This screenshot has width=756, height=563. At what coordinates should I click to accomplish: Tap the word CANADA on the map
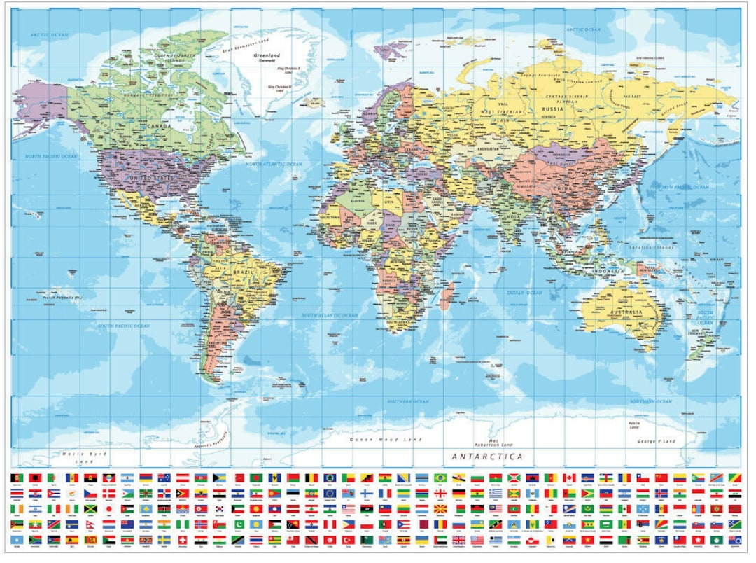click(160, 126)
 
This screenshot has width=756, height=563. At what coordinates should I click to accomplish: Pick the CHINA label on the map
click(560, 187)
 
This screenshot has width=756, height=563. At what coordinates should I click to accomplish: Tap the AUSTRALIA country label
click(627, 312)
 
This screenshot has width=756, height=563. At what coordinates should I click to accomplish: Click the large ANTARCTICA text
click(487, 457)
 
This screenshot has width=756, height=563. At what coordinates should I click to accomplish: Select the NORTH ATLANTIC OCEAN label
click(274, 164)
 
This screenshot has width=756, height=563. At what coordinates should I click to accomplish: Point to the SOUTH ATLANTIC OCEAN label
click(329, 316)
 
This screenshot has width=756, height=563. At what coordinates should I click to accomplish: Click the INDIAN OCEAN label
click(525, 293)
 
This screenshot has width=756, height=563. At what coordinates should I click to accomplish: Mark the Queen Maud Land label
click(377, 439)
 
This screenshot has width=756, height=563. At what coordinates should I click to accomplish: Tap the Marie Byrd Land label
click(78, 458)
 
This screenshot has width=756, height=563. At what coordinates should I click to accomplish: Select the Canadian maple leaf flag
click(569, 478)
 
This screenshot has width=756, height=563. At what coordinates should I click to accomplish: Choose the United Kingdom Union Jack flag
click(459, 540)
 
